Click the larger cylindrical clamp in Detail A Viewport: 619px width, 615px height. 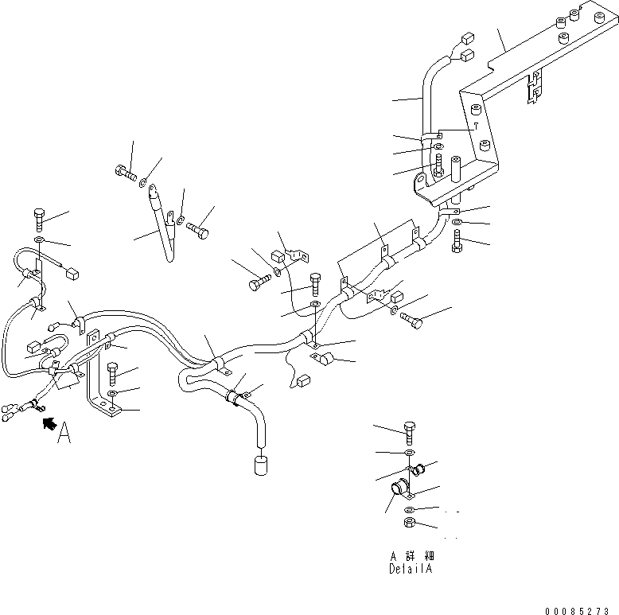pyautogui.click(x=398, y=486)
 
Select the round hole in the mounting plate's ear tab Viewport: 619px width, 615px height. pyautogui.click(x=419, y=188)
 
